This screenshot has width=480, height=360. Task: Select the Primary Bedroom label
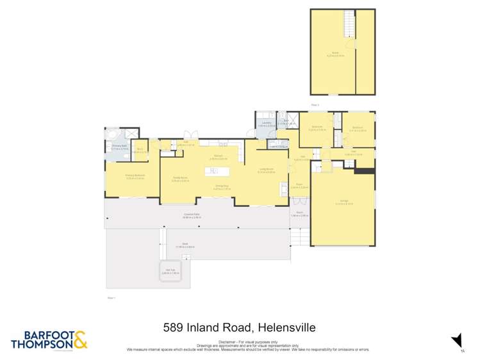135,177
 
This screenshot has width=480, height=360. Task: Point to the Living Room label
266,172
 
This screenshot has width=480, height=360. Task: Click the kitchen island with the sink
219,171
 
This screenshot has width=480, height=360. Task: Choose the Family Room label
180,179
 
